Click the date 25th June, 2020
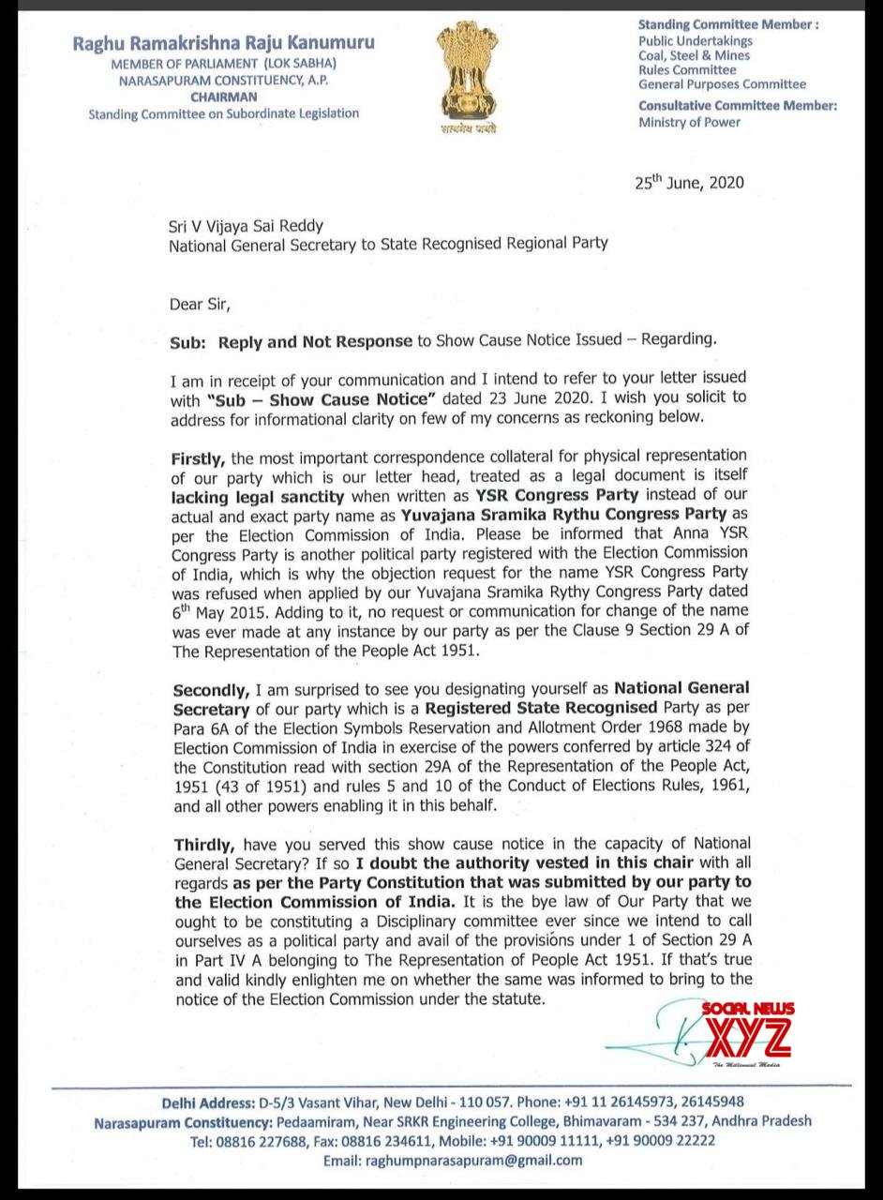point(689,182)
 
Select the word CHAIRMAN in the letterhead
point(223,97)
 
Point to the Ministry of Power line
point(689,122)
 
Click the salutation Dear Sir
point(199,304)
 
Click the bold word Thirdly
point(202,844)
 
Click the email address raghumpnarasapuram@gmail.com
point(453,1160)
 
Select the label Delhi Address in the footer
point(211,1102)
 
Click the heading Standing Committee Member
point(728,25)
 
